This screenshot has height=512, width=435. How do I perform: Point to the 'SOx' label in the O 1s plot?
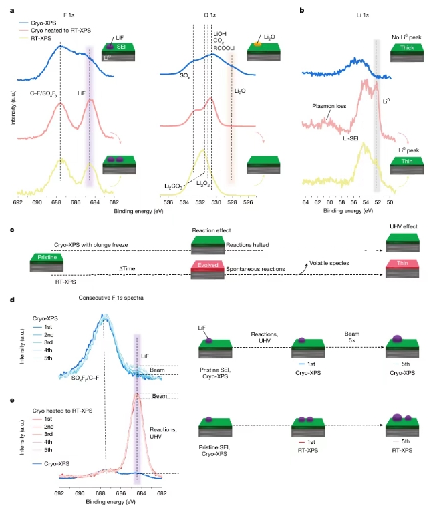[x=184, y=77]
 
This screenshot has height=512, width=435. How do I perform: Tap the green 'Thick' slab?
[x=406, y=49]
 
